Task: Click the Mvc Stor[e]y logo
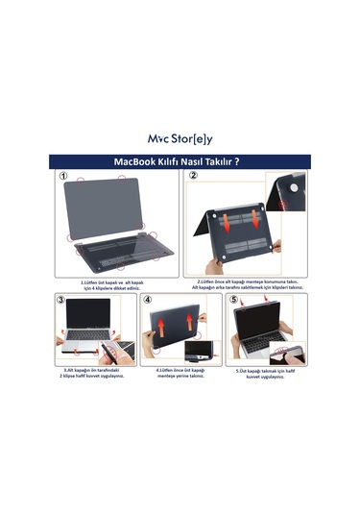point(180,138)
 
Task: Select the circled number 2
point(193,177)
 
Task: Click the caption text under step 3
point(92,373)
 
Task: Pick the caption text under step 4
point(180,373)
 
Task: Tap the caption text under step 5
point(266,373)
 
